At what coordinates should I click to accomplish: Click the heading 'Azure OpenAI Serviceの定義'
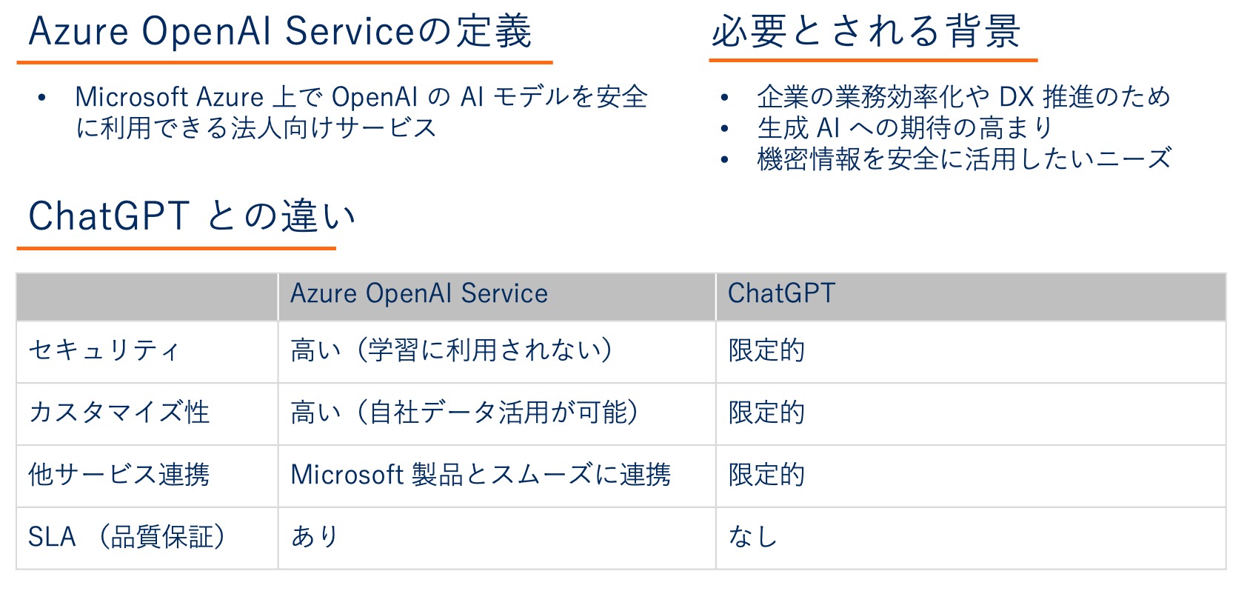click(280, 32)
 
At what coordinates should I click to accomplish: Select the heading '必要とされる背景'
click(866, 31)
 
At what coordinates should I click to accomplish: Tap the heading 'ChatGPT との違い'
click(192, 216)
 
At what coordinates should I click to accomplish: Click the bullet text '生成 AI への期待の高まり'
click(904, 127)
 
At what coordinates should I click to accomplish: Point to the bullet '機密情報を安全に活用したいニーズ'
click(964, 158)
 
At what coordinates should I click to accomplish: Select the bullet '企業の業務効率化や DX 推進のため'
click(963, 97)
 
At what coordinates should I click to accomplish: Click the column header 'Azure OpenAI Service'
click(419, 293)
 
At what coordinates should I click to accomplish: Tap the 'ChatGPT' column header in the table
click(782, 293)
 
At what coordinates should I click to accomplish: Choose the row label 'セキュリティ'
click(104, 350)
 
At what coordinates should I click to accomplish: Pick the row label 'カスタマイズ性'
click(119, 413)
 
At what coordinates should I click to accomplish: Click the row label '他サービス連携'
click(119, 475)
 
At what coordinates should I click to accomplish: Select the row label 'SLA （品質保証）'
click(127, 537)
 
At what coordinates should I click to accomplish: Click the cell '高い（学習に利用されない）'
click(452, 350)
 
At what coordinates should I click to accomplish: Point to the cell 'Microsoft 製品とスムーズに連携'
click(481, 475)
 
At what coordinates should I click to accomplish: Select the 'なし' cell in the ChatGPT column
click(752, 537)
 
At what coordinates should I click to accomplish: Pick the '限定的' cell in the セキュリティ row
click(766, 350)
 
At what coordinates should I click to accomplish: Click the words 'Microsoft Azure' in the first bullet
click(170, 98)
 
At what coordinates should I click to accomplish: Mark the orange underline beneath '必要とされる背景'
click(874, 59)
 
